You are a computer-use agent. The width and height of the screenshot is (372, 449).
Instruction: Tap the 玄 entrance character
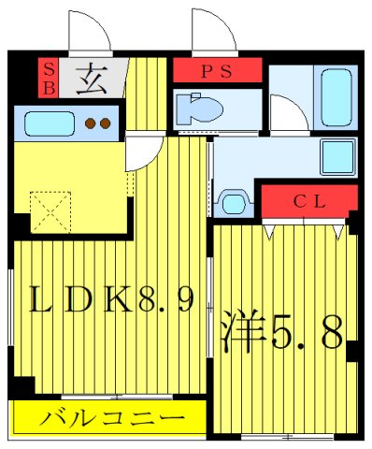click(93, 77)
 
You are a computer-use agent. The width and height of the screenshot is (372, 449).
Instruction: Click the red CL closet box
click(309, 200)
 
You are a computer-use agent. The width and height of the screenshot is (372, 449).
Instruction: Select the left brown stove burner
click(91, 123)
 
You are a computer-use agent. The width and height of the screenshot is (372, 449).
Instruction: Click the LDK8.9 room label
click(112, 300)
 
